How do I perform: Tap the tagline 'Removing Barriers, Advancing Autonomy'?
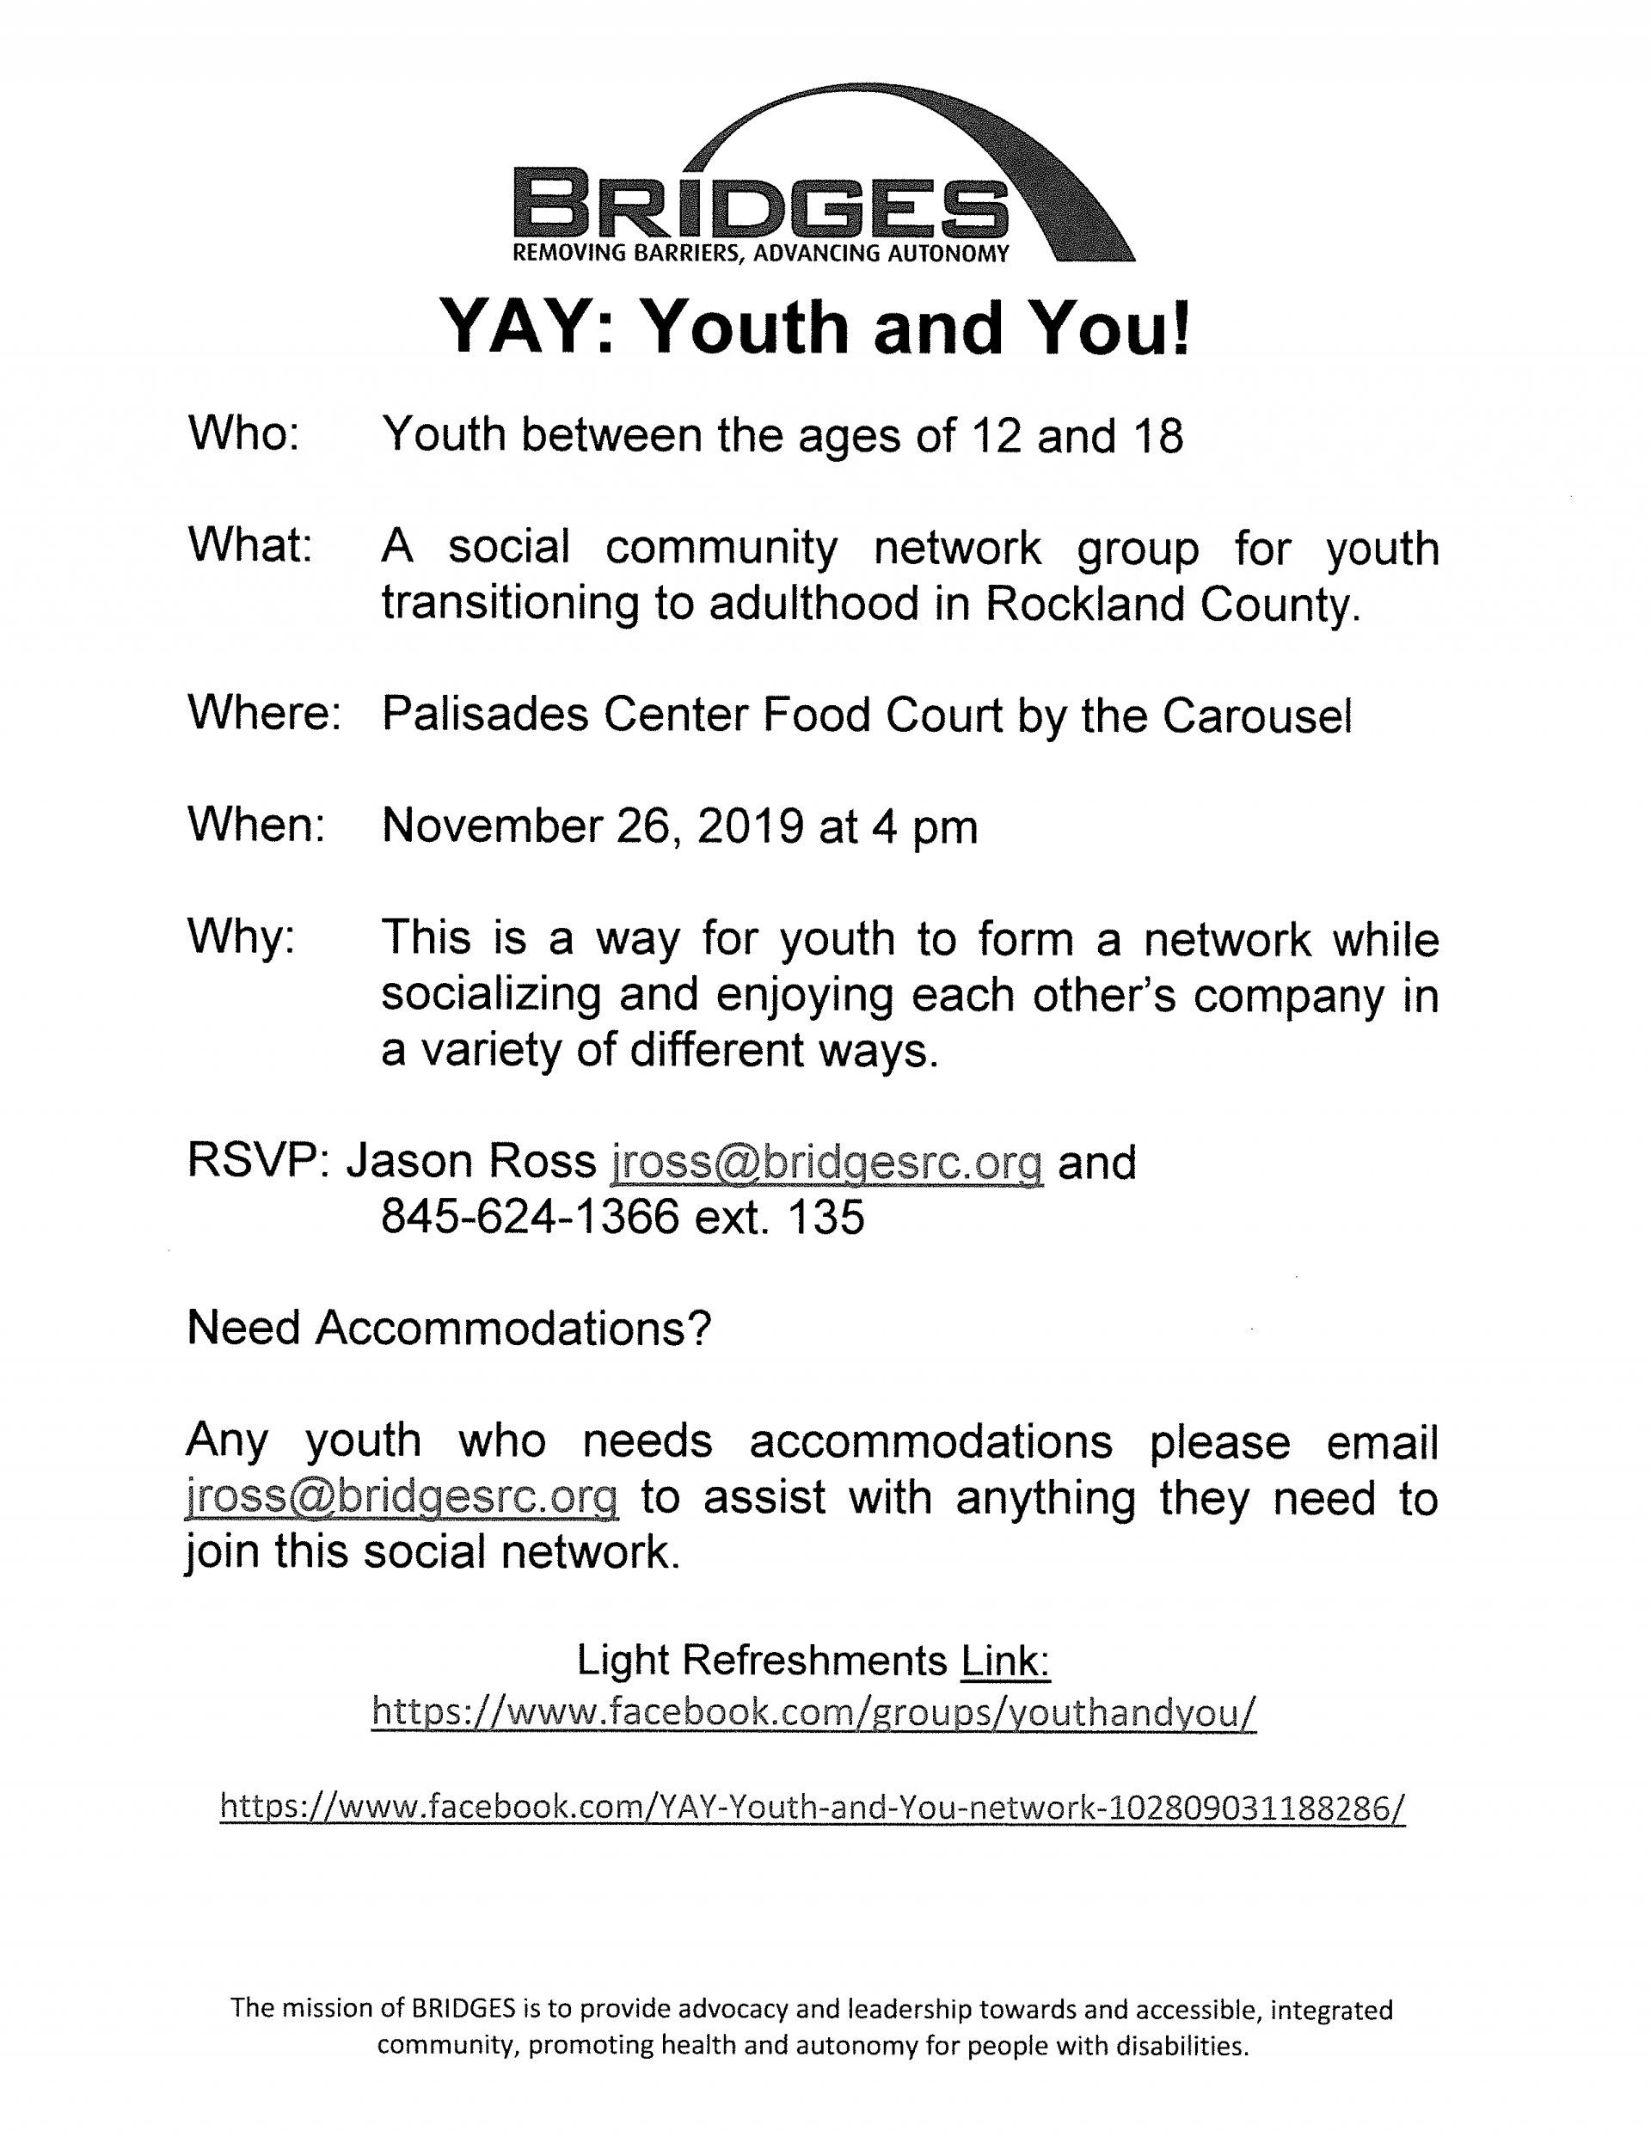tap(760, 255)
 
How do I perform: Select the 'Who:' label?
tap(243, 433)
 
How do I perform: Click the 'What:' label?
tap(249, 545)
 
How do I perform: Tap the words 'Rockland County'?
tap(1171, 604)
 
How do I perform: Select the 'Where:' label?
tap(263, 712)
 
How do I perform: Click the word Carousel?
tap(1256, 715)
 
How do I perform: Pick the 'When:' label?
tap(255, 824)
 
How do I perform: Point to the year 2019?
tap(750, 826)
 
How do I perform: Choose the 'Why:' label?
tap(241, 936)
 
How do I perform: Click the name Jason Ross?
tap(470, 1162)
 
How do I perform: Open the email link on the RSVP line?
tap(827, 1163)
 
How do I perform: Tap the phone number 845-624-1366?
tap(530, 1217)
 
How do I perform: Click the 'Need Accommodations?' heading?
tap(448, 1329)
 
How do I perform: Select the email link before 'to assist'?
tap(402, 1498)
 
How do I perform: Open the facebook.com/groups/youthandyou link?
tap(813, 1712)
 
